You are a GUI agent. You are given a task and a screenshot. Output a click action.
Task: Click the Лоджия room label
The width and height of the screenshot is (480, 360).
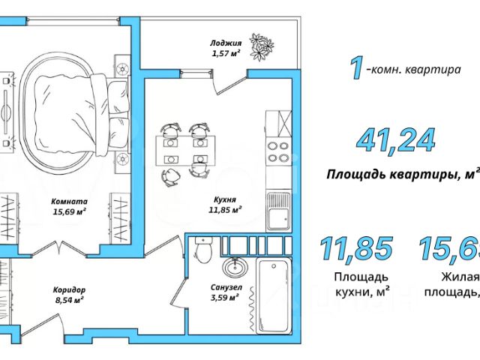[x=225, y=43]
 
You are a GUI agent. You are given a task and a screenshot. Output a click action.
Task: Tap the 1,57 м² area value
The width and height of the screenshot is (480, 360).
[x=225, y=52]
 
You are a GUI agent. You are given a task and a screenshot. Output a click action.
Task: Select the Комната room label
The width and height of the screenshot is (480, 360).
[x=69, y=201]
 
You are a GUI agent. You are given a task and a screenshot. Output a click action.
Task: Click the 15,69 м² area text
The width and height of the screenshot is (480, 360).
[x=69, y=211]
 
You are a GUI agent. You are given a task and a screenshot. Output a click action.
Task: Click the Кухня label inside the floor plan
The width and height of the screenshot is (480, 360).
[x=225, y=200]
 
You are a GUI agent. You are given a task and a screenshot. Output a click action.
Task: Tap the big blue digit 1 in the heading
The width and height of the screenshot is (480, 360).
[x=358, y=68]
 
